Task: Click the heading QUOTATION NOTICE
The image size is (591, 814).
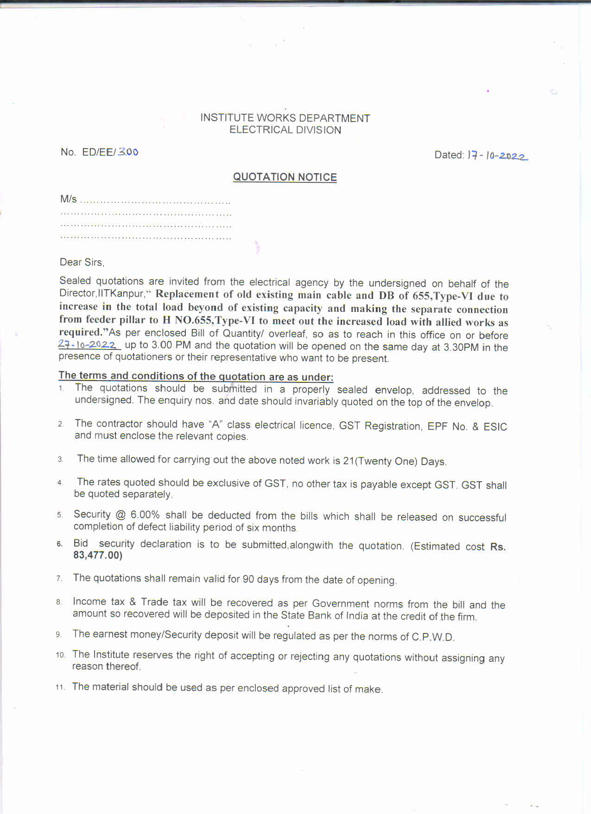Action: click(285, 177)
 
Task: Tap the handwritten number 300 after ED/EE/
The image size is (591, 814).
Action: click(128, 152)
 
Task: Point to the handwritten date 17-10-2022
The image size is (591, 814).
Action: click(497, 155)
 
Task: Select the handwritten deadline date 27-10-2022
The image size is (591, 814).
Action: click(88, 344)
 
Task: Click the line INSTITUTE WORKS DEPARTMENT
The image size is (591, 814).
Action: click(285, 118)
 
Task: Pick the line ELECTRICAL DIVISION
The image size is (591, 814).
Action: click(285, 130)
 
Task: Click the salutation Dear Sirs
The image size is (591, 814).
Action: click(82, 262)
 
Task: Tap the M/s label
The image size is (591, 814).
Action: click(68, 199)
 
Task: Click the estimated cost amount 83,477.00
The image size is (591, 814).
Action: click(98, 555)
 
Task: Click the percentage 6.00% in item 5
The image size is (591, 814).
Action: click(145, 515)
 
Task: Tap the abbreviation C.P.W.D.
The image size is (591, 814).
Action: click(433, 637)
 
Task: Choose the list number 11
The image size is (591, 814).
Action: click(60, 687)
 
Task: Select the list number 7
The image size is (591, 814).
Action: click(59, 578)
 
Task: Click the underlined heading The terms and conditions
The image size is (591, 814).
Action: click(196, 376)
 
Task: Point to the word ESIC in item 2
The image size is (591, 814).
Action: click(495, 426)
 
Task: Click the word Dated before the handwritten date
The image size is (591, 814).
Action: click(449, 155)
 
